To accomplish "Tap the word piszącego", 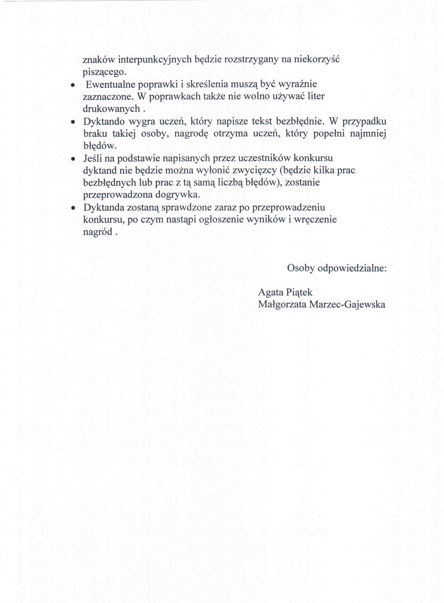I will [104, 72].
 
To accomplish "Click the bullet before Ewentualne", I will [72, 85].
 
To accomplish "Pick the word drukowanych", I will [111, 109].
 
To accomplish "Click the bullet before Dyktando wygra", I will [72, 122].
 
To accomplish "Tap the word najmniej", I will [368, 133].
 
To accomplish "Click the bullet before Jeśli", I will [72, 159].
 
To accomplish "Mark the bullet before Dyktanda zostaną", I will [72, 208].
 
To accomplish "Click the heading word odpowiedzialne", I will [352, 268].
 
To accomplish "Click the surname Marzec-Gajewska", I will [347, 304].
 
